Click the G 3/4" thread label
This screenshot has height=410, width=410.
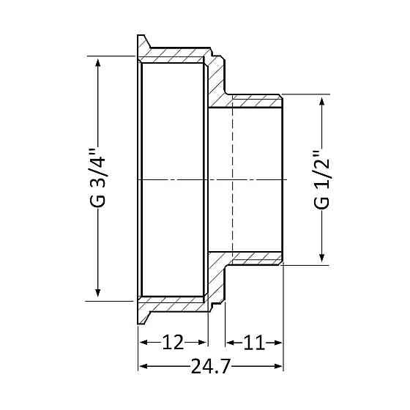point(98,179)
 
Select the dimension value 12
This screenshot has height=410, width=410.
point(173,343)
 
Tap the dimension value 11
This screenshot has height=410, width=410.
point(253,343)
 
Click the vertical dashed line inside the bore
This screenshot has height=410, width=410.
point(232,179)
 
